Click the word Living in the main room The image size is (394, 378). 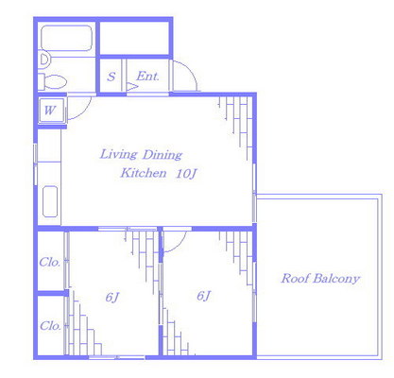coord(118,154)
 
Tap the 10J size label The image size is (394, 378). coord(186,174)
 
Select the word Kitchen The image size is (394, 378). coord(144,173)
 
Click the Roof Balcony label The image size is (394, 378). coord(320,279)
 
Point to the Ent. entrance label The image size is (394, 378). coord(147,77)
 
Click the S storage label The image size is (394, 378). coord(111,77)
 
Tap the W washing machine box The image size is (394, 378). coord(51,111)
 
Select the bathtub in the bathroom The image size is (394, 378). coord(66,38)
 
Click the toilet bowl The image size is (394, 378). coord(54,82)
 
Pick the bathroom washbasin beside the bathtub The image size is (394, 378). coord(44,60)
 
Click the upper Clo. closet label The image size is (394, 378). coord(50,262)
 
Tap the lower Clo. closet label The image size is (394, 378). coord(50,326)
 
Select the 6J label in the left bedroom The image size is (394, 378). coord(112,297)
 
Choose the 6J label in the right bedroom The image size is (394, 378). coord(204,296)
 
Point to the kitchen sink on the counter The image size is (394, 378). coord(50,201)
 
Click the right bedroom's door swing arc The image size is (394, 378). coord(180,246)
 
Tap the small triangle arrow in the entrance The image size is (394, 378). coord(131,86)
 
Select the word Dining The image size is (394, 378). coord(163,155)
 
